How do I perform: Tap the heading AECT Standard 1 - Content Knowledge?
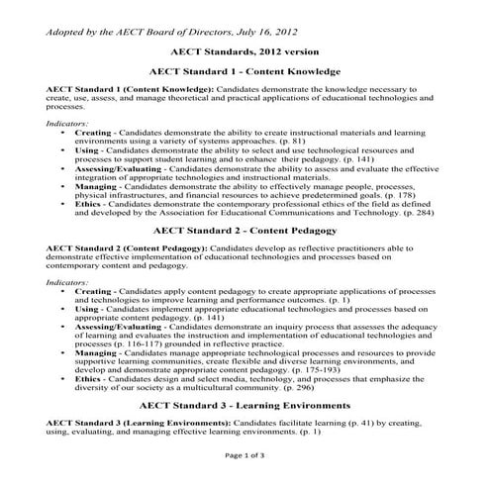[x=244, y=71]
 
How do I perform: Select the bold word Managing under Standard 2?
[x=96, y=351]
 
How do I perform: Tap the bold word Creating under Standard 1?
[x=93, y=131]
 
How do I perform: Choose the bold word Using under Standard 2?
[x=87, y=309]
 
